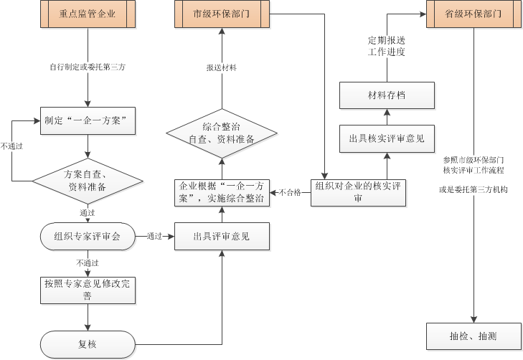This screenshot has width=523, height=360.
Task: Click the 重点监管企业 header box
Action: (x=88, y=14)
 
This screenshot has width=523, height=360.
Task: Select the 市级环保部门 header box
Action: (x=222, y=14)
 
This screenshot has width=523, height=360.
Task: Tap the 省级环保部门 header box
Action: (x=473, y=14)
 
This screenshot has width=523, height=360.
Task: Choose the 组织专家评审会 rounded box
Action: (x=88, y=236)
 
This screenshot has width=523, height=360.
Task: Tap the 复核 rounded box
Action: (x=88, y=344)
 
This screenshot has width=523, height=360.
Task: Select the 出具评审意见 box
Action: (x=222, y=236)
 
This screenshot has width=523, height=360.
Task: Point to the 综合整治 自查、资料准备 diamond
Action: (x=222, y=133)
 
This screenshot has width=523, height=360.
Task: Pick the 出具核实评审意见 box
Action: (x=387, y=138)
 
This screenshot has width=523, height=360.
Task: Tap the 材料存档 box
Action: (x=387, y=95)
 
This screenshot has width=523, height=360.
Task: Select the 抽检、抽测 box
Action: (x=473, y=336)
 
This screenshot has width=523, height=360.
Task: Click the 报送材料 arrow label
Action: (x=222, y=67)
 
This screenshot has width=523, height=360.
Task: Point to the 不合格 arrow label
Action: (x=290, y=192)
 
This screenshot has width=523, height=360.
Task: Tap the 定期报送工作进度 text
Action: (x=387, y=47)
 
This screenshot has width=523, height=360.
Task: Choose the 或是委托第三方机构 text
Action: (x=473, y=191)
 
